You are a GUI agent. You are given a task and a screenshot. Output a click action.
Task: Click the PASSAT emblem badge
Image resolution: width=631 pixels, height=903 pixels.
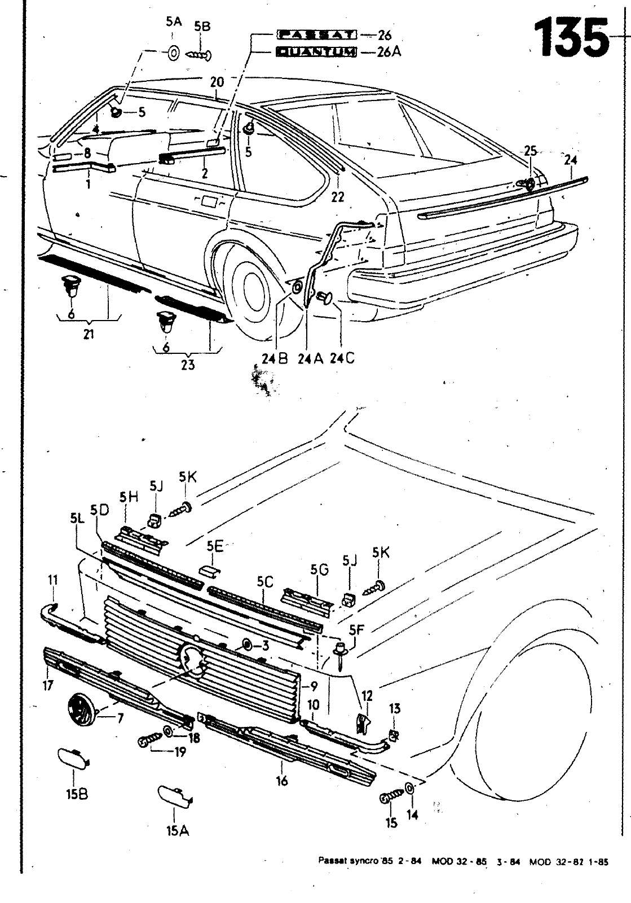click(x=317, y=35)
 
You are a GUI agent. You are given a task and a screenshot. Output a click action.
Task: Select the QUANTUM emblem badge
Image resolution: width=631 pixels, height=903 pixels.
click(x=317, y=52)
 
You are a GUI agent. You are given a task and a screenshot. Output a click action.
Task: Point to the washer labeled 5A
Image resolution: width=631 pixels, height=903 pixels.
click(x=173, y=54)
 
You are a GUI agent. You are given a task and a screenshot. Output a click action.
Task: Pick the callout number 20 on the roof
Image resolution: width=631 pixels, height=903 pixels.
click(x=217, y=82)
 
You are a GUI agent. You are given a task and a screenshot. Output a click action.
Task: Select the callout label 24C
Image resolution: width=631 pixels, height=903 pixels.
click(x=342, y=358)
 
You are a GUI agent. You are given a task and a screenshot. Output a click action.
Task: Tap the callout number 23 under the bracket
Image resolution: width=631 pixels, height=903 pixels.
click(x=188, y=365)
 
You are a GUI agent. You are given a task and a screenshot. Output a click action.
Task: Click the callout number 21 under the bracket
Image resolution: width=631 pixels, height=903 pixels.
click(x=89, y=334)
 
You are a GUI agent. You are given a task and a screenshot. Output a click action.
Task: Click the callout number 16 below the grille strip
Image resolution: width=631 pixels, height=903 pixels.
click(x=282, y=781)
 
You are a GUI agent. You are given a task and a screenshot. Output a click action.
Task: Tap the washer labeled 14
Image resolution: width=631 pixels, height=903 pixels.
click(x=410, y=788)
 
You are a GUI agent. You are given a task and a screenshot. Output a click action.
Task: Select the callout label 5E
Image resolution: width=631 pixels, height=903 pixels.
click(x=215, y=546)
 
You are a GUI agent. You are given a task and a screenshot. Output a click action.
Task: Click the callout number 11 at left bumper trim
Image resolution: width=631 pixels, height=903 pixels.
click(x=53, y=580)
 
